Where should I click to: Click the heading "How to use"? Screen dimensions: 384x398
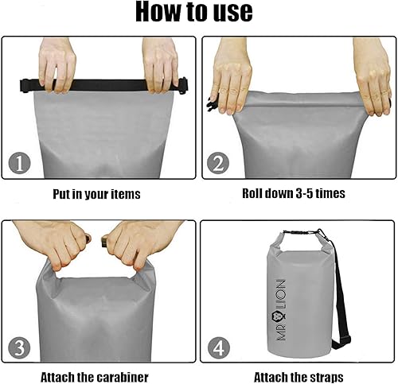pyautogui.click(x=194, y=12)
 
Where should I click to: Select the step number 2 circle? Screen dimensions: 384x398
pyautogui.click(x=217, y=165)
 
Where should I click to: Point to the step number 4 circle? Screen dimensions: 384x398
pyautogui.click(x=218, y=347)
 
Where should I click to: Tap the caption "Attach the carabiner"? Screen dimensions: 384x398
pyautogui.click(x=94, y=377)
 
